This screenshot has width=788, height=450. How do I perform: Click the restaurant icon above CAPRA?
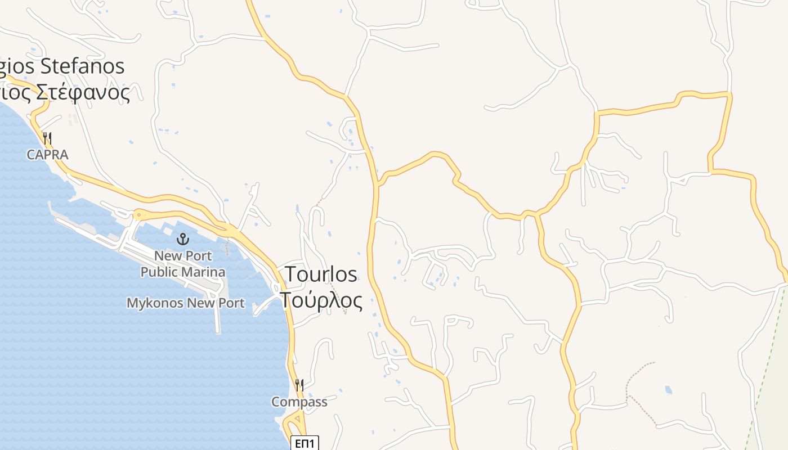coord(48,138)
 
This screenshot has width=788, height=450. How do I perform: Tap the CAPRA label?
coord(47,155)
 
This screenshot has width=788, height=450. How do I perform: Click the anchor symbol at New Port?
coord(183,240)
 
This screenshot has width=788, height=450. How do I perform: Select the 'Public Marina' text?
coord(183,272)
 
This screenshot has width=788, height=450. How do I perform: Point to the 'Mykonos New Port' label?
coord(186,303)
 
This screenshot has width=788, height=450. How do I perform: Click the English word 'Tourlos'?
coord(321,274)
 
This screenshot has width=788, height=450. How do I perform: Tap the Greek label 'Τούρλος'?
coord(321,300)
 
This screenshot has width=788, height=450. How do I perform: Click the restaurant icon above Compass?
coord(299,385)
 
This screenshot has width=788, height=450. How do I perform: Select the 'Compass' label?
coord(299,402)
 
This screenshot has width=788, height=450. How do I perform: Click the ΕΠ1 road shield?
coord(305,443)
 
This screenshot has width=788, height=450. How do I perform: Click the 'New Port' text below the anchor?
coord(183,256)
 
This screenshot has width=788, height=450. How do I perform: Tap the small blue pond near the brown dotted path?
coord(668,389)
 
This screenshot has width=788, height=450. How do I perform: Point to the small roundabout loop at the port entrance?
coord(138,214)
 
